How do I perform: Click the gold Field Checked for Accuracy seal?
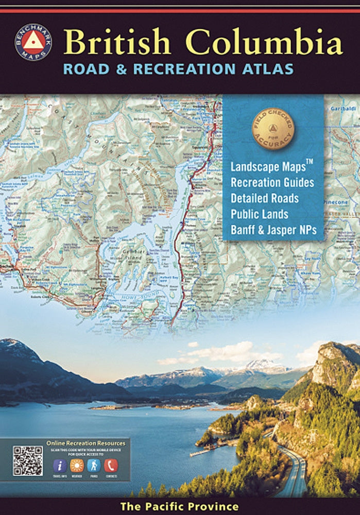pos(272,129)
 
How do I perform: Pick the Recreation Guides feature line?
pos(272,182)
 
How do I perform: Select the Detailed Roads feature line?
pos(264,198)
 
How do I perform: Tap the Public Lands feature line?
pos(259,214)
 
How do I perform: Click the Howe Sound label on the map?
pos(124,298)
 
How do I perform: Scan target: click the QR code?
pos(28,460)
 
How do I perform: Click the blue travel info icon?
pos(59,466)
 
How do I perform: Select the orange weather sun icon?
pos(77,466)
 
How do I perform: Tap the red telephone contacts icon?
pos(111,466)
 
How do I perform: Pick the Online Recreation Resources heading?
pos(85,443)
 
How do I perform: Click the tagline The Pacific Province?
pos(180,507)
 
